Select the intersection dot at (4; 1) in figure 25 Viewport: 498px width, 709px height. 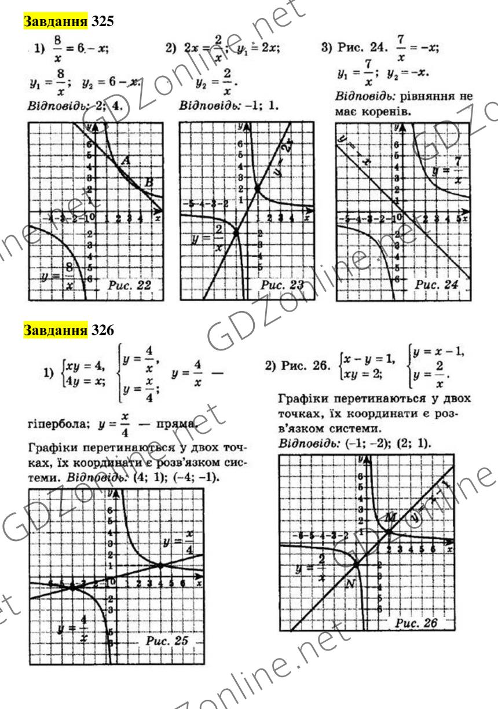tap(160, 565)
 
